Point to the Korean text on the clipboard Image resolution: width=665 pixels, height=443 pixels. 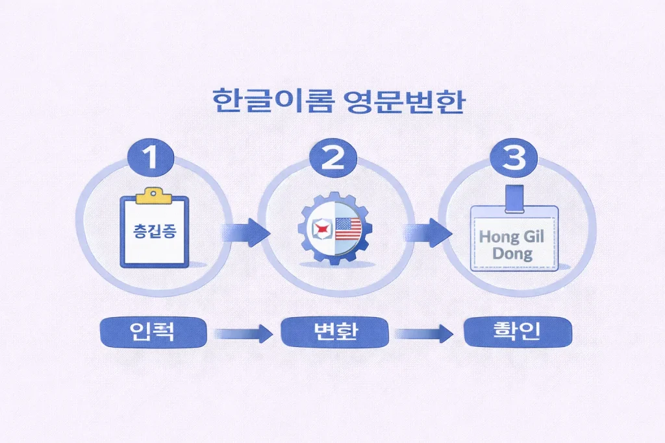point(154,232)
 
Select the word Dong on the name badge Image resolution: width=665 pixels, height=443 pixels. point(512,254)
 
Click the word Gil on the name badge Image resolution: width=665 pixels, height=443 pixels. point(535,237)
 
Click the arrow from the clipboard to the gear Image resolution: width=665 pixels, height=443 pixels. point(245,232)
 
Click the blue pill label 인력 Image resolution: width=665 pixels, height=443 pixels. point(153,333)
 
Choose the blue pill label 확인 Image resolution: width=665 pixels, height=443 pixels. point(518,332)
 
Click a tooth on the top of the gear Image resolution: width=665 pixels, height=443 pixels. point(333,195)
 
